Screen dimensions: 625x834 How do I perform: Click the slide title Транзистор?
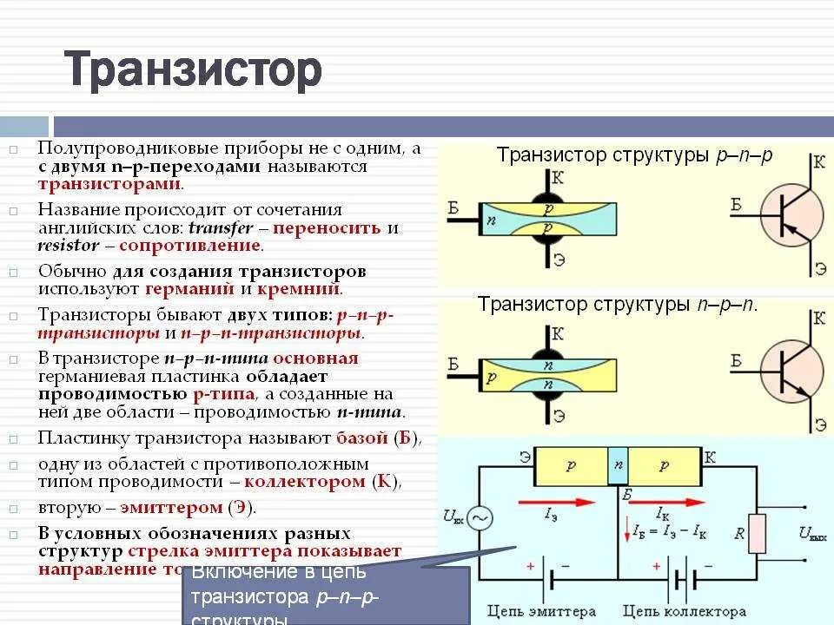coord(193,70)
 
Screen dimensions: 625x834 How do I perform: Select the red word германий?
coord(190,289)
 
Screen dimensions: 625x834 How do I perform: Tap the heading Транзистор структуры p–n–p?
coord(633,156)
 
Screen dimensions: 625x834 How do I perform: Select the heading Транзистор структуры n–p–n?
coord(617,305)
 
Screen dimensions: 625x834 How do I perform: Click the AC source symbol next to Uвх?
coord(480,518)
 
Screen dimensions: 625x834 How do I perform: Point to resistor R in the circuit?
coord(758,532)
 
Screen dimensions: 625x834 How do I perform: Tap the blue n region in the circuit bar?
coord(618,465)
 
